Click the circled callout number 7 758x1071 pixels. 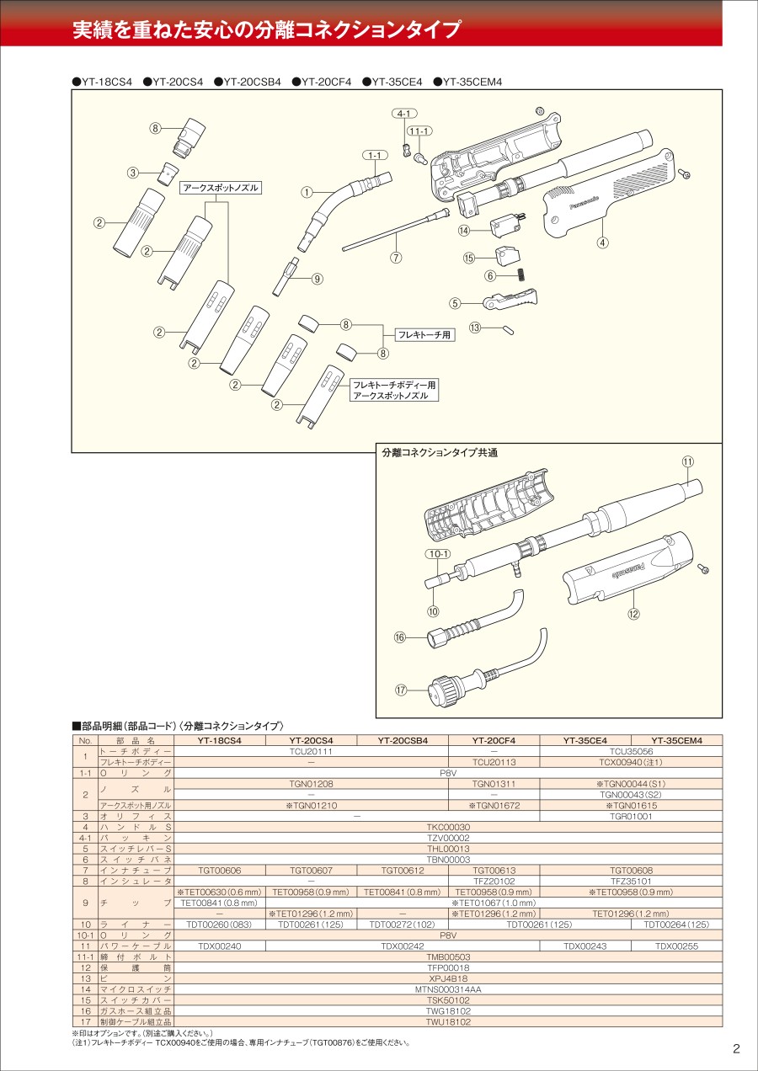[x=396, y=257]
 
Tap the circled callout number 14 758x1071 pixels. [x=464, y=231]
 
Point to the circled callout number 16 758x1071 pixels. [x=400, y=637]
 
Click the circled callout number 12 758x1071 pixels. [x=633, y=614]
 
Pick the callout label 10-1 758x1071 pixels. [x=438, y=554]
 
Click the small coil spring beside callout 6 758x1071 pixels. [x=522, y=274]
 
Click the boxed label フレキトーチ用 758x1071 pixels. [x=424, y=335]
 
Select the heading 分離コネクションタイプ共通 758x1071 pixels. [x=440, y=453]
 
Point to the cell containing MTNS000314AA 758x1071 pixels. [x=448, y=989]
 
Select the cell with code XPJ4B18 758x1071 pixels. [x=448, y=978]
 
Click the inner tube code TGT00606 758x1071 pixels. [x=220, y=870]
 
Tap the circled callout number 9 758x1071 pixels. [x=318, y=279]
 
